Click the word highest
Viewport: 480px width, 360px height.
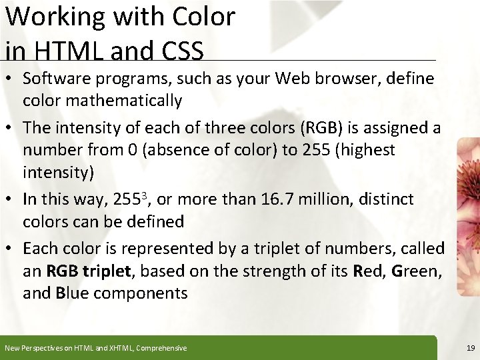[x=364, y=150]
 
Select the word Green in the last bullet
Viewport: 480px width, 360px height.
[x=417, y=271]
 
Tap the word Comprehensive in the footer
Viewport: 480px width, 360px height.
[x=161, y=348]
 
